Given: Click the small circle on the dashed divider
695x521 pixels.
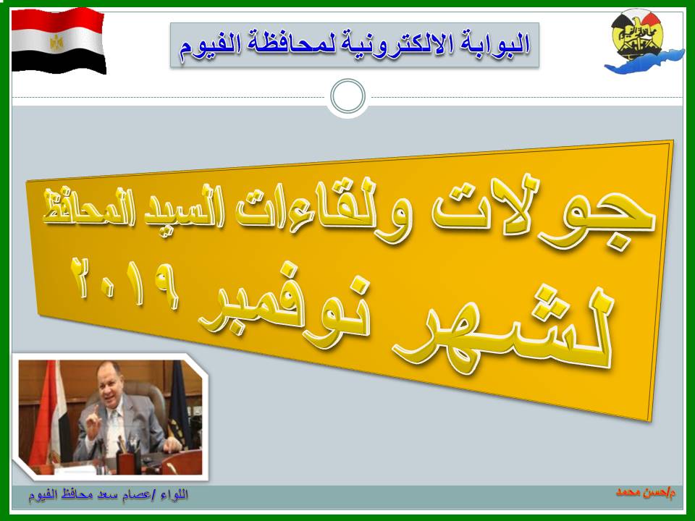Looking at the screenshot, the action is coord(348,96).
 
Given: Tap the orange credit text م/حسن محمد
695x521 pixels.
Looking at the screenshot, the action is coord(646,492).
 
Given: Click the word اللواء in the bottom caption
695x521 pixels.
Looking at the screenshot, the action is coord(174,494).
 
